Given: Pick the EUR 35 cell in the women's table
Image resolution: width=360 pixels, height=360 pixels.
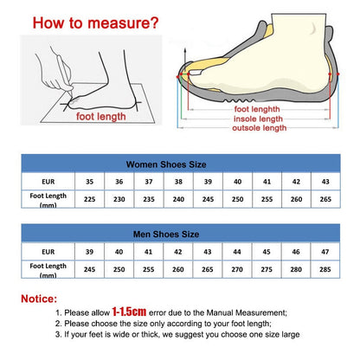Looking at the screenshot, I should click(89, 182).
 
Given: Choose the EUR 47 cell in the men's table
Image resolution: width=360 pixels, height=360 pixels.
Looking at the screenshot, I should click(325, 252).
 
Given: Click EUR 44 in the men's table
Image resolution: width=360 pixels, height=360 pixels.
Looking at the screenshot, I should click(236, 252).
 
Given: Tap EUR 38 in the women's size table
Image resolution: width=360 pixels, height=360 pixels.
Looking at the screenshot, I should click(177, 182).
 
